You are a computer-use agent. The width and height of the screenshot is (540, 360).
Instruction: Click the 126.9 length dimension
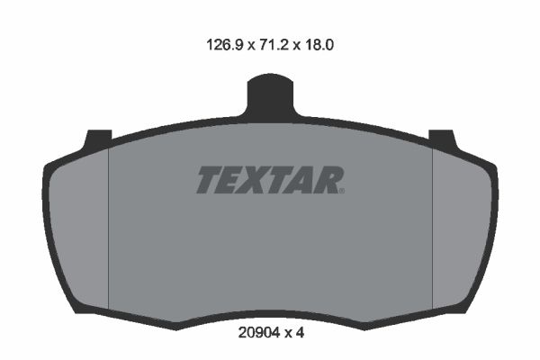click(x=225, y=45)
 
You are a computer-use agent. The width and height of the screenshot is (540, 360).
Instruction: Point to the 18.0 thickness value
click(x=319, y=45)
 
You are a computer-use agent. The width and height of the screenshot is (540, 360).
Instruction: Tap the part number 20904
click(x=259, y=333)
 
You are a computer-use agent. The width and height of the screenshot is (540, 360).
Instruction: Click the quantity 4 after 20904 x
click(x=301, y=333)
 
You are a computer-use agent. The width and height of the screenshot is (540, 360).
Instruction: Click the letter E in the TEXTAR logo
click(x=229, y=180)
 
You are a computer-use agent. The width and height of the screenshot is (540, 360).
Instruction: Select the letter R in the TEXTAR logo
click(x=328, y=180)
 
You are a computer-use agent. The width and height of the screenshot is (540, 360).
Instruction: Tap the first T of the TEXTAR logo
click(x=210, y=180)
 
